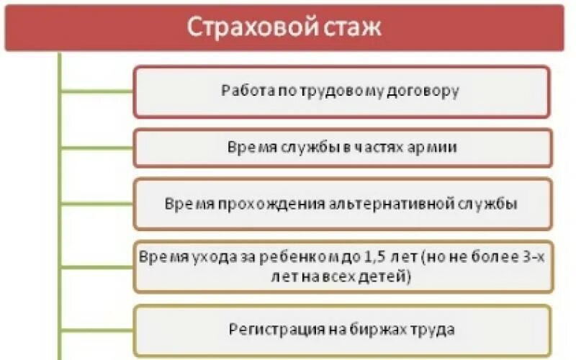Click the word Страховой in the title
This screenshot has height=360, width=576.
point(238,28)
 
